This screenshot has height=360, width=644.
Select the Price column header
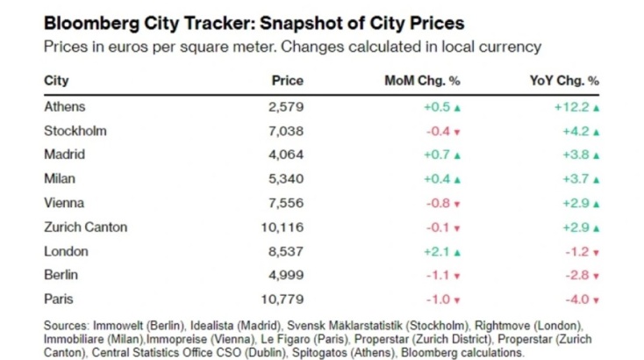coord(287,81)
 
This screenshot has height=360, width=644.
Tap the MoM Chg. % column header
coord(422,81)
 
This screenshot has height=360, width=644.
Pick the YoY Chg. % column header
coord(564,81)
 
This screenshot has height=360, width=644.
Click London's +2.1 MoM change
coord(438,251)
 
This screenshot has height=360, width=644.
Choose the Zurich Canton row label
coord(85,227)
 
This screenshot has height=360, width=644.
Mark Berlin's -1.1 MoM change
coord(440,276)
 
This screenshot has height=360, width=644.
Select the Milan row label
coord(60,179)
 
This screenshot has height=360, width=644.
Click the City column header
coord(55,81)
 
